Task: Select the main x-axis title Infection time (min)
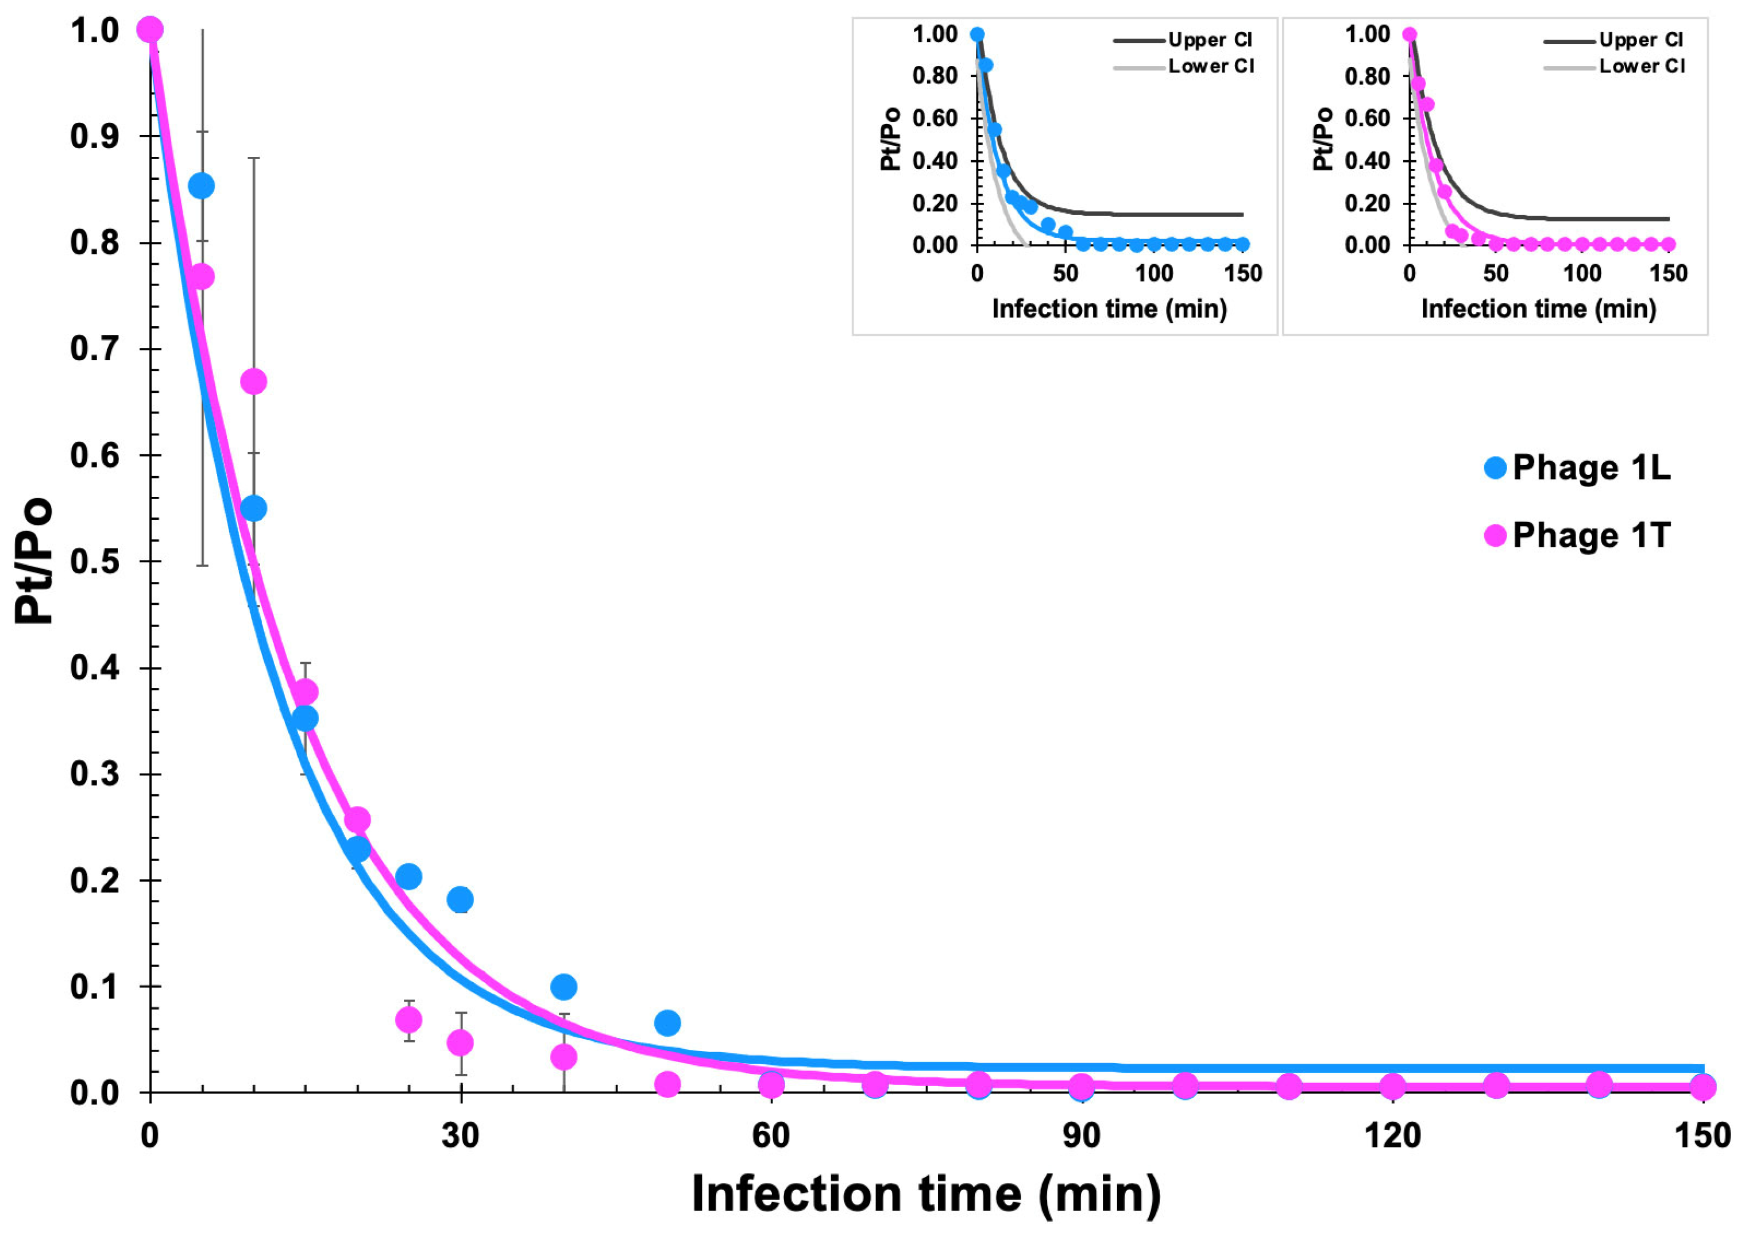click(925, 1193)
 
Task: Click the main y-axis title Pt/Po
click(34, 561)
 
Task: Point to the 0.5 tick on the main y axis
click(95, 562)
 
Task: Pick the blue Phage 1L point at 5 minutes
click(202, 186)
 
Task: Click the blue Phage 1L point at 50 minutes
click(667, 1022)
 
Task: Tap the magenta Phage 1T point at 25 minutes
click(408, 1019)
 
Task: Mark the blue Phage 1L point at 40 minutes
click(563, 987)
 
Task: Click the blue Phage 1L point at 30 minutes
click(460, 899)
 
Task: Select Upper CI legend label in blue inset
click(1210, 40)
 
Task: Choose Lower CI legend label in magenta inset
click(1642, 67)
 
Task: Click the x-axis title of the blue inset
click(1109, 308)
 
